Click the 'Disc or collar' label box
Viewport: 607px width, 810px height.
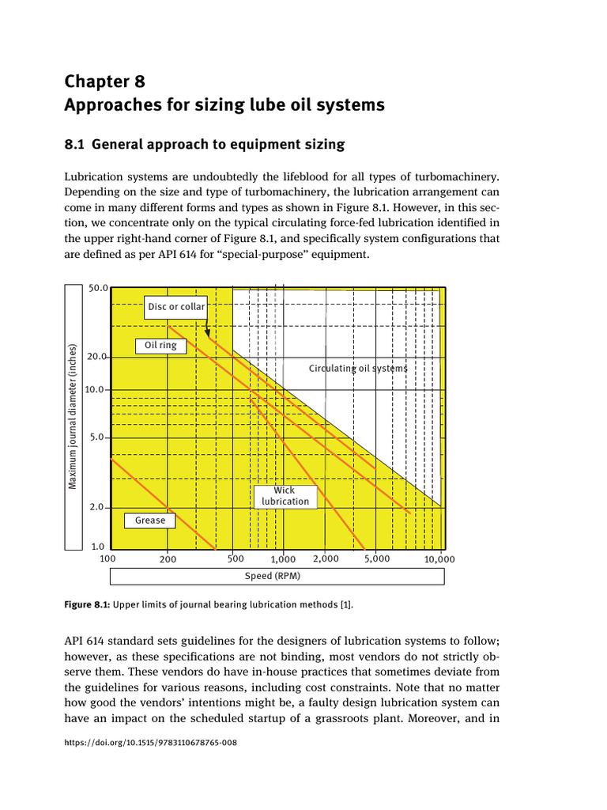tap(175, 307)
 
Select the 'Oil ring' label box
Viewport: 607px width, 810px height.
tap(161, 346)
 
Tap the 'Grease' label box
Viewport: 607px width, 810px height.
tap(150, 520)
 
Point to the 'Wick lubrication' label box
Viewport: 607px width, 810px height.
tap(285, 497)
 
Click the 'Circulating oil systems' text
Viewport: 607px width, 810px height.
tap(358, 369)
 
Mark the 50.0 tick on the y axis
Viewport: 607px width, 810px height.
tap(97, 289)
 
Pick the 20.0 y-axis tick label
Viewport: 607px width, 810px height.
tap(96, 357)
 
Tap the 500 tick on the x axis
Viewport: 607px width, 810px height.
tap(236, 558)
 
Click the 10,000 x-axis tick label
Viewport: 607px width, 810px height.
tap(439, 559)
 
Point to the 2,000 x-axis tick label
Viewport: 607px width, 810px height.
tap(326, 558)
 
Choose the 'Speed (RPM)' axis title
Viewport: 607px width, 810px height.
tap(271, 576)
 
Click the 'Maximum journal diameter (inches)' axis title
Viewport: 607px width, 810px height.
tap(73, 416)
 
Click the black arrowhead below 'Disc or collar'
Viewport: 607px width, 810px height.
tap(207, 333)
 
